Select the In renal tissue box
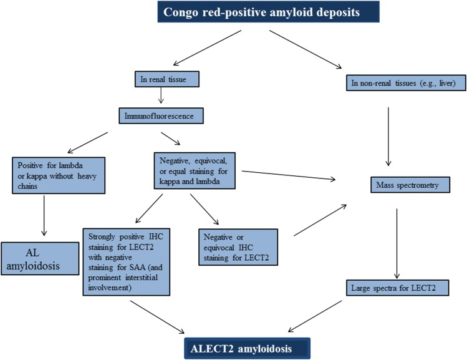click(161, 79)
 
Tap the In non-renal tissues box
click(398, 82)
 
